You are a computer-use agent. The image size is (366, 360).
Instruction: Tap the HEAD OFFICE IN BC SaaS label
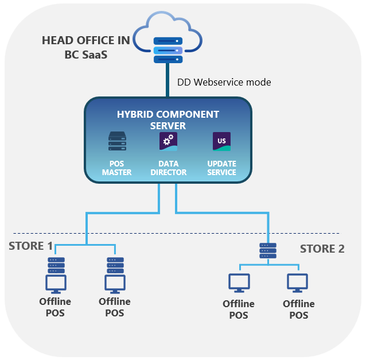coord(86,47)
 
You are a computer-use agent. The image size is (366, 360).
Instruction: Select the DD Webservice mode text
coord(224,82)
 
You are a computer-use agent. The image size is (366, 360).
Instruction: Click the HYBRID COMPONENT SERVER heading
coord(168,119)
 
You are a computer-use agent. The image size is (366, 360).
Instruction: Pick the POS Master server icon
coord(117,141)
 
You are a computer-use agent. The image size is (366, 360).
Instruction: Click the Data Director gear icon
coord(168,141)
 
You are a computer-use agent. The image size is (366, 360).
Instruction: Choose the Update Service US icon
coord(221,141)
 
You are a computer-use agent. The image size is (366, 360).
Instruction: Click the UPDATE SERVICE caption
coord(221,168)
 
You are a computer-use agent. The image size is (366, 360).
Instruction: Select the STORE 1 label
coord(30,246)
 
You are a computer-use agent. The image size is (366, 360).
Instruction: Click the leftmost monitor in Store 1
coord(56,284)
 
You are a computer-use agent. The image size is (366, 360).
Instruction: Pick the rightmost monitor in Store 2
coord(298,282)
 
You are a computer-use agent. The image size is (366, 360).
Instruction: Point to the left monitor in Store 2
coord(239,282)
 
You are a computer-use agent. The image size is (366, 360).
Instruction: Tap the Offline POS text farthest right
coord(299,309)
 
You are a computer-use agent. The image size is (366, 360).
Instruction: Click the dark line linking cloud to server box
coord(168,80)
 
